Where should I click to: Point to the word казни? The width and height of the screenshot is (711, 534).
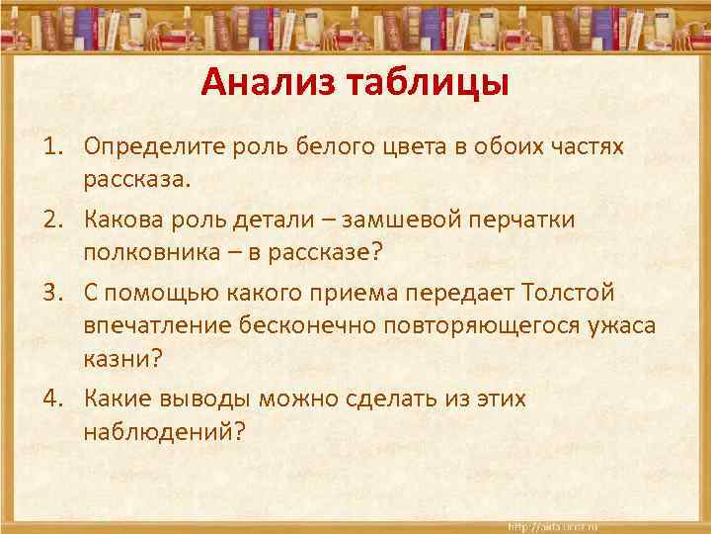[x=118, y=362]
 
